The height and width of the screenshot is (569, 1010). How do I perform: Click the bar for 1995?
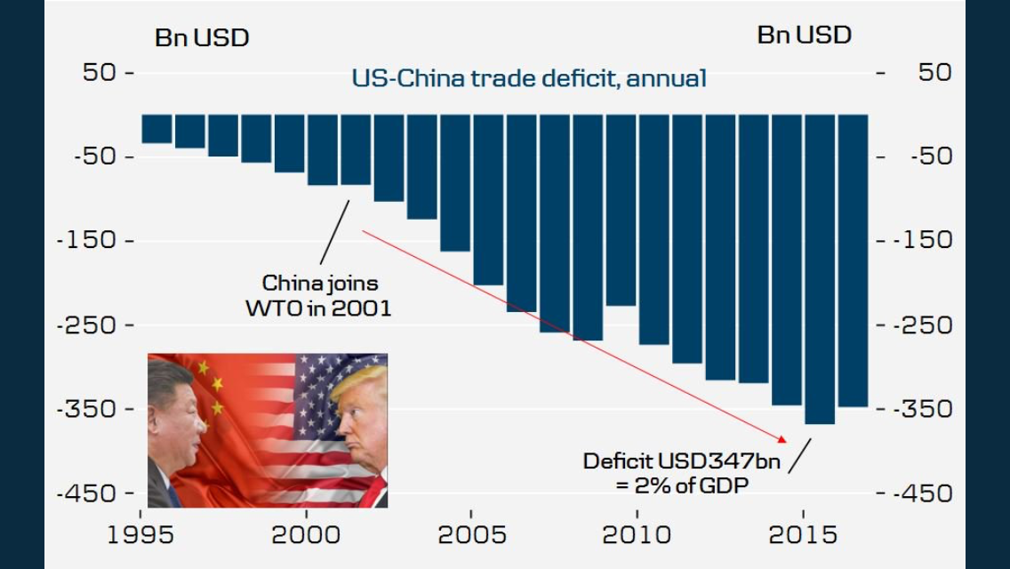coord(156,128)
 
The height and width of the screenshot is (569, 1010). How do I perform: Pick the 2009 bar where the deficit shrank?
coord(621,210)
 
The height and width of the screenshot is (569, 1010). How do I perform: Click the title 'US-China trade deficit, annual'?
coord(529,78)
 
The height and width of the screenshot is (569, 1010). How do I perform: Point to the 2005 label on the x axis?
coord(471,535)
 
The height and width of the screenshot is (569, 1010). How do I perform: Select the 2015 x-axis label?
coord(803,535)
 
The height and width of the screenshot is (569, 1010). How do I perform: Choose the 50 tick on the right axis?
coord(934,72)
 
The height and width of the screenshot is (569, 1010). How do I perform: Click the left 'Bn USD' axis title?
coord(202,38)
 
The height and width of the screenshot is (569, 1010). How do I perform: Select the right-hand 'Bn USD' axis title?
coord(804,36)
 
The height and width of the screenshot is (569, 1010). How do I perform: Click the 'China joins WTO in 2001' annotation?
coord(319,296)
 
